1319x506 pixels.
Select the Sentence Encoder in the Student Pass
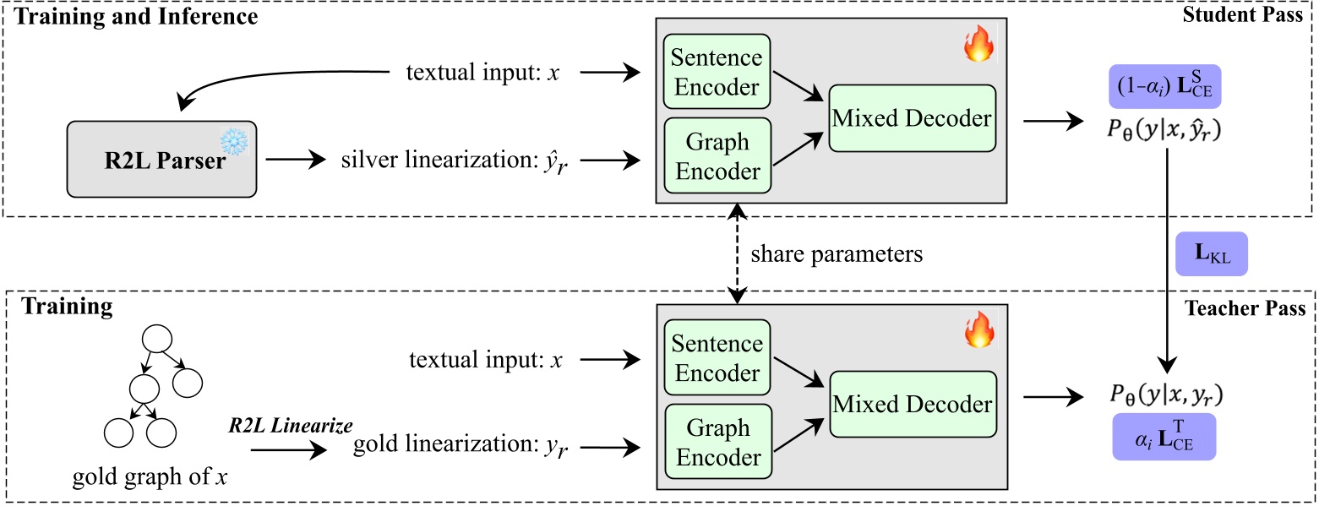coord(717,71)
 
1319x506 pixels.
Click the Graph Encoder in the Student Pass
coord(717,157)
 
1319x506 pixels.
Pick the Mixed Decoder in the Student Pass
coord(912,118)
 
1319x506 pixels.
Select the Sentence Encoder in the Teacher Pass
coord(717,358)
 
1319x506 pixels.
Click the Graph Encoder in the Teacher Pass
coord(717,443)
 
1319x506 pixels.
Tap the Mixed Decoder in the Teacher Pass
coord(912,404)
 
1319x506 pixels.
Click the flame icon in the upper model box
coord(978,45)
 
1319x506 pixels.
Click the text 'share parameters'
coord(837,253)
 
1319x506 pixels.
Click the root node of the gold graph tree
coord(157,338)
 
